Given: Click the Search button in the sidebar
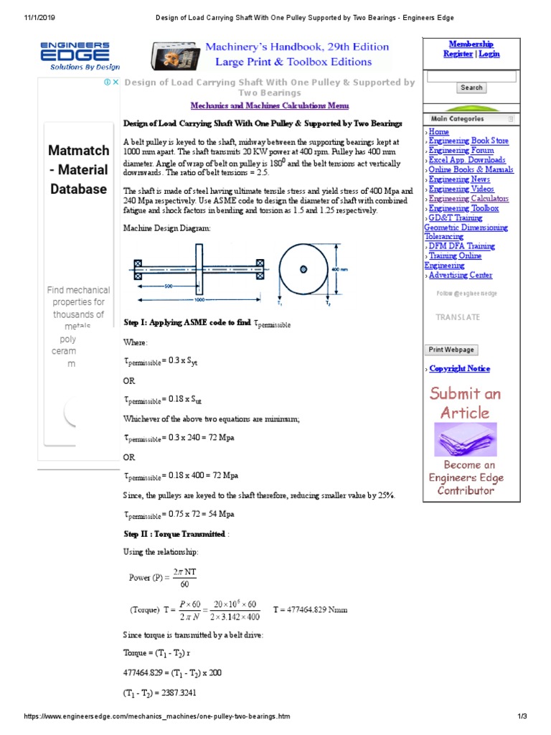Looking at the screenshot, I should click(x=471, y=88).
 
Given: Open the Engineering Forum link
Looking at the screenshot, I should click(x=461, y=151).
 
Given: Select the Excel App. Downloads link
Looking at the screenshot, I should click(x=467, y=160).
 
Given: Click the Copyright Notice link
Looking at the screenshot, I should click(x=459, y=368).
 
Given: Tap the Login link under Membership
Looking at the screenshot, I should click(x=489, y=54).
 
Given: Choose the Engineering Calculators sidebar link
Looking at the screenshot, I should click(x=468, y=199).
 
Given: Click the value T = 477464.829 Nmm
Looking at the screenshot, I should click(x=311, y=609).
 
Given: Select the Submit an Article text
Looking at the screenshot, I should click(x=465, y=403).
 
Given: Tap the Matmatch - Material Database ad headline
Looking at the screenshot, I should click(x=79, y=170).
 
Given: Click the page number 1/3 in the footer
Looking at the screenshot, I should click(x=522, y=717).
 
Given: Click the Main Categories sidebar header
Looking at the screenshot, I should click(x=457, y=118).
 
